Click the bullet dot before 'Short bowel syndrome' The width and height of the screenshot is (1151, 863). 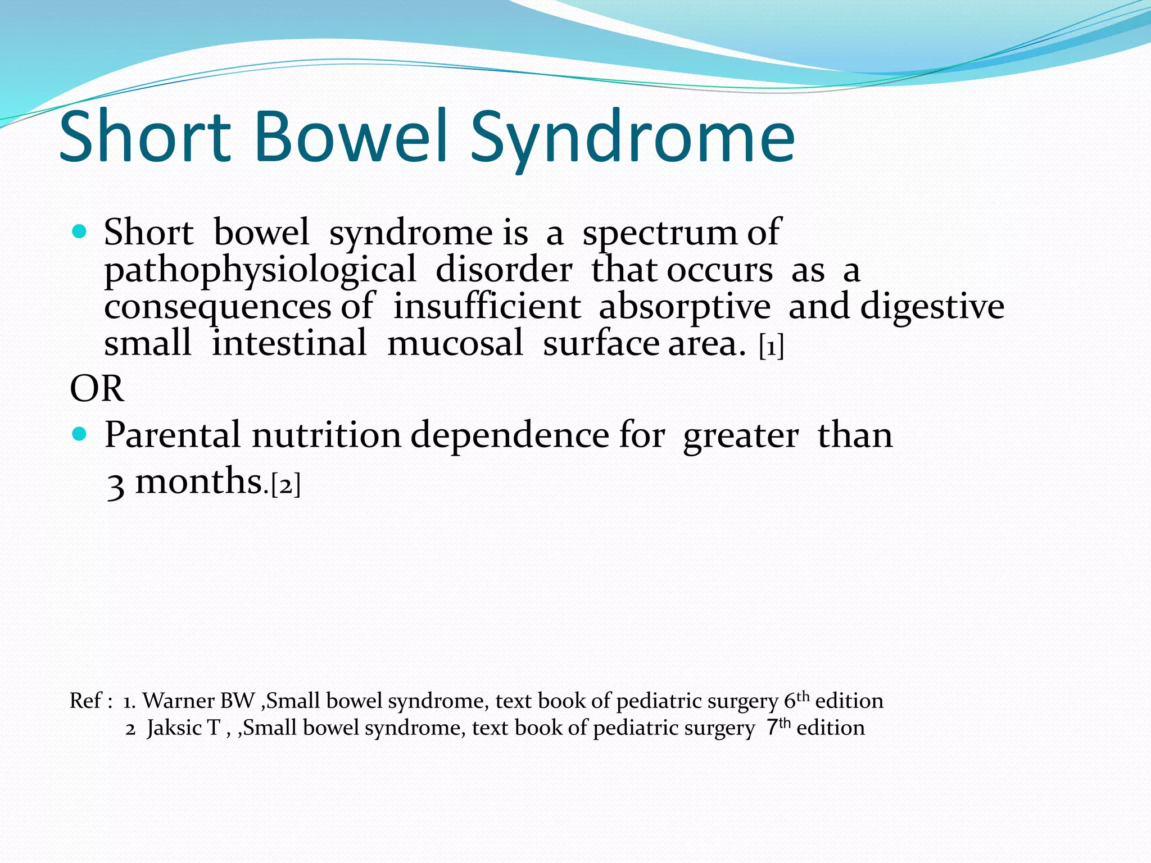(80, 231)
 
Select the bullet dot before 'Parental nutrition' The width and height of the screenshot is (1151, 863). (80, 434)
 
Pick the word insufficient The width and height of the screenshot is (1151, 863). (487, 307)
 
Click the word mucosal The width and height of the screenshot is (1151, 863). (455, 343)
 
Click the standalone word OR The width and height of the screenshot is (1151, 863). (97, 389)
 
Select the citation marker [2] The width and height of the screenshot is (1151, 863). (286, 484)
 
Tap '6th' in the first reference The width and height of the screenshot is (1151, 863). (796, 700)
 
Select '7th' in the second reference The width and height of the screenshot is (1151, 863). (778, 726)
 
